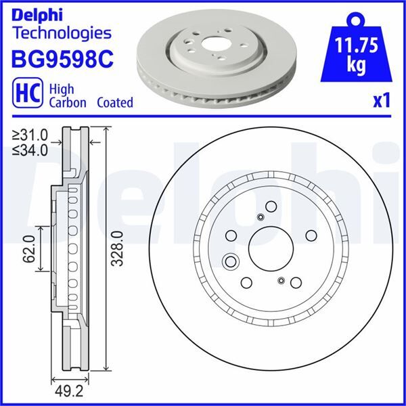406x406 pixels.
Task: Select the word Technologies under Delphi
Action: [61, 32]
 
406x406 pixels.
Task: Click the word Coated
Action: [114, 103]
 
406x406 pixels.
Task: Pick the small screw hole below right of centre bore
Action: [281, 279]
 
